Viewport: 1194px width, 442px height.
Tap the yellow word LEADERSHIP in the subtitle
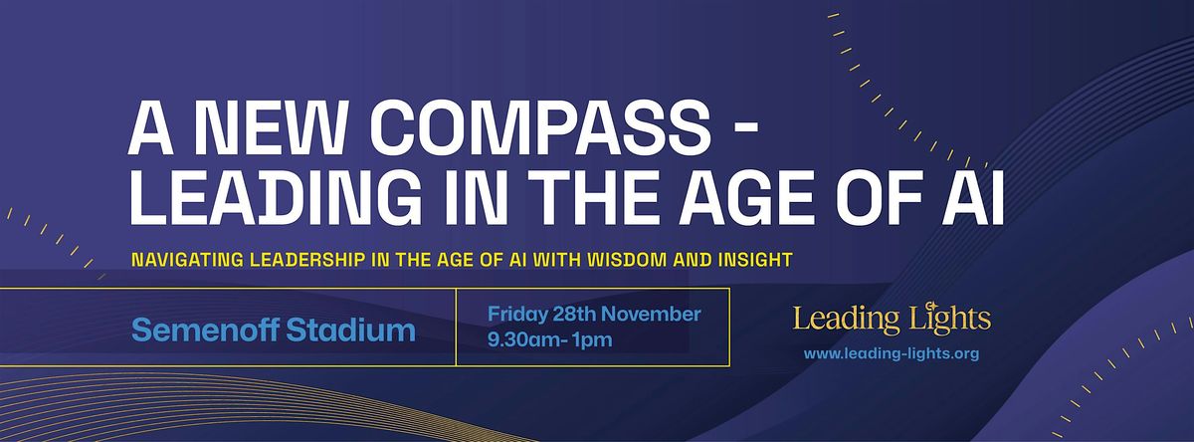[310, 261]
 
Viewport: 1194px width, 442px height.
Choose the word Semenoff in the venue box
[206, 330]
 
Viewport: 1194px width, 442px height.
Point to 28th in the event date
[570, 315]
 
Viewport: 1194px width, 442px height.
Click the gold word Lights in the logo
[942, 320]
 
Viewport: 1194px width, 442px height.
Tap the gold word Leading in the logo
[839, 321]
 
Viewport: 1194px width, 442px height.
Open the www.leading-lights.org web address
[891, 353]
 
